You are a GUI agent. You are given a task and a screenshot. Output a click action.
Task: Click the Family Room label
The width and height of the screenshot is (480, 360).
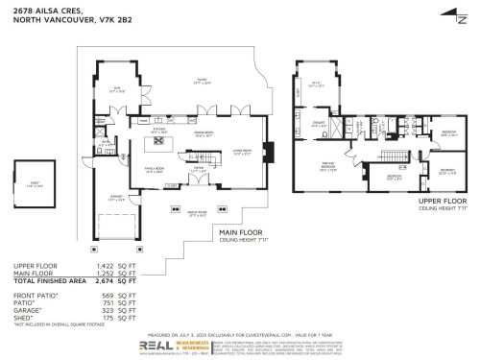tap(155, 167)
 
